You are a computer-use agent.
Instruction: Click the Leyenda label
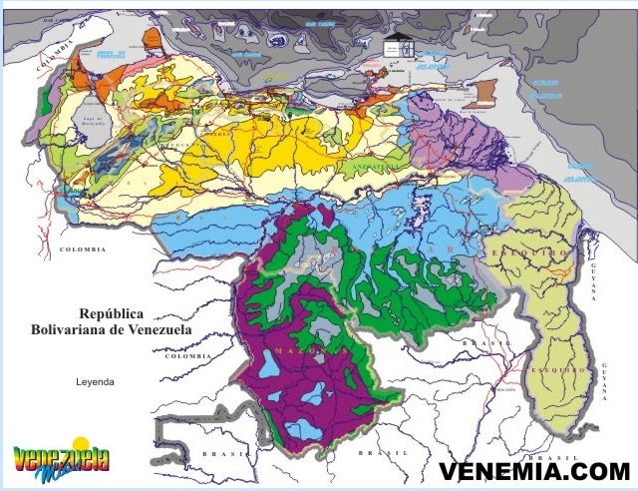coord(96,381)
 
